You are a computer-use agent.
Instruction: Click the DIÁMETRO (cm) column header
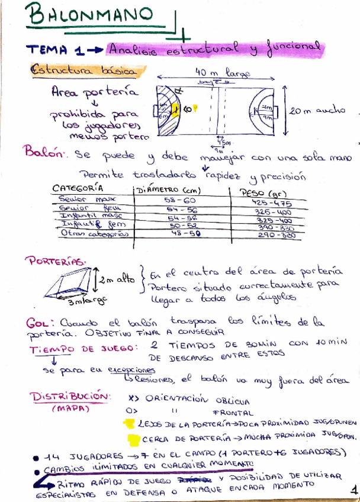[169, 191]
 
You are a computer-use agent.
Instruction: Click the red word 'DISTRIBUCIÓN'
[70, 395]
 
